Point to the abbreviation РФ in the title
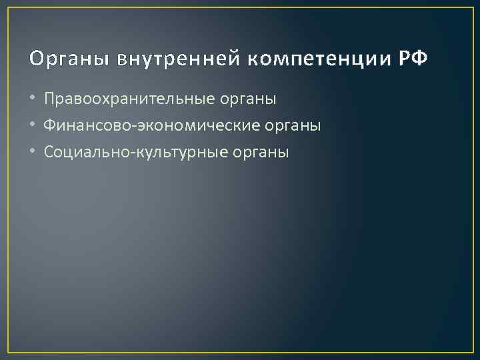(x=413, y=59)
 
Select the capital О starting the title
(x=35, y=59)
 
